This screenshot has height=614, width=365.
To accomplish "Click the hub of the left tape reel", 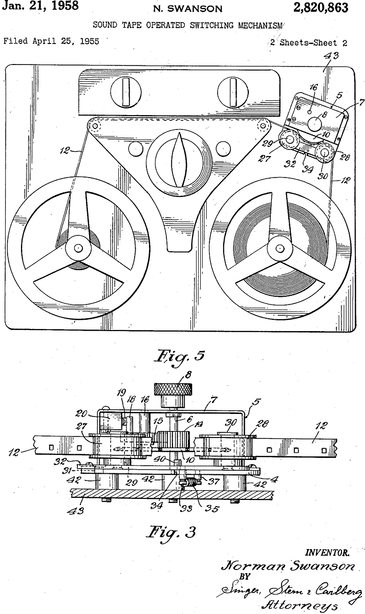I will tap(78, 248).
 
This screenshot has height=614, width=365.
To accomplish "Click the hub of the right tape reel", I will tap(280, 248).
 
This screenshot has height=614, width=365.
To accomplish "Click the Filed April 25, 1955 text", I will tap(51, 41).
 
